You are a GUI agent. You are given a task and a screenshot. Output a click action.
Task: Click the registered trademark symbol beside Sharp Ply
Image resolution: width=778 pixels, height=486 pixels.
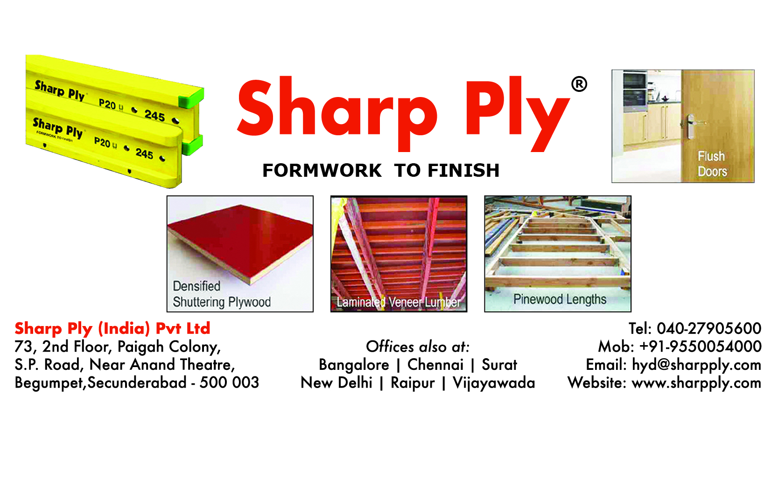579,84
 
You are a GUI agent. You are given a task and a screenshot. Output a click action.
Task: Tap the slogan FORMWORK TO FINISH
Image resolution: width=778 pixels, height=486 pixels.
381,170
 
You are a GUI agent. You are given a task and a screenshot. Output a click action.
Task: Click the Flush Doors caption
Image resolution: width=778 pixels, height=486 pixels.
712,164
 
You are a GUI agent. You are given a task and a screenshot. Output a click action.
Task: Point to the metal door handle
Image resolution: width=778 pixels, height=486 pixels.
692,126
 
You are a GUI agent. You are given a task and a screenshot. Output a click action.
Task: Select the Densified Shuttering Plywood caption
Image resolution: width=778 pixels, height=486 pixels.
222,294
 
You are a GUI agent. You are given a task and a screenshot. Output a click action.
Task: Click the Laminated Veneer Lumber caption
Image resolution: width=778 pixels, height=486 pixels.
399,302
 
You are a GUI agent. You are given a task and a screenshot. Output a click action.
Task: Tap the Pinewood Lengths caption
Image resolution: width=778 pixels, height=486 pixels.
560,299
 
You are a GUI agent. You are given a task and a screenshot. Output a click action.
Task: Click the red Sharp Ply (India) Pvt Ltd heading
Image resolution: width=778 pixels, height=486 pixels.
112,328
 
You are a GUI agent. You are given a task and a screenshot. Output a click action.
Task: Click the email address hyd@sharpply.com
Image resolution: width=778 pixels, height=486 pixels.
696,365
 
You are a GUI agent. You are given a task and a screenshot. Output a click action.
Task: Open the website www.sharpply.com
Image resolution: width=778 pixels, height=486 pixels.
696,383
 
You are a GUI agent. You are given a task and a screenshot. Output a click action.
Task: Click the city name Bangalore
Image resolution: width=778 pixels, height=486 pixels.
354,365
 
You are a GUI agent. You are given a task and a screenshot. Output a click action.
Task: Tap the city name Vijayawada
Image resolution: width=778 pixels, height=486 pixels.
494,383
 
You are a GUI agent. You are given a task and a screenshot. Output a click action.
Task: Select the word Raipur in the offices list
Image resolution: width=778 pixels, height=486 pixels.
413,383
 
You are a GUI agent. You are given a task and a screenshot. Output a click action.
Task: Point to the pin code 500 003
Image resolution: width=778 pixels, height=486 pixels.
229,382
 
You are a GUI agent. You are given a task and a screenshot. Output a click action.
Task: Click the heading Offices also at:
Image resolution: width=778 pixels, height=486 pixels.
418,347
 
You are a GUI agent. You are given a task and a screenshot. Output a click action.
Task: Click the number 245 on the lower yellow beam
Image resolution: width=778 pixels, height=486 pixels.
145,153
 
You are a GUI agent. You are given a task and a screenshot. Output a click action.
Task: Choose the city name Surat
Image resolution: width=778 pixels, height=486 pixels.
499,365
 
